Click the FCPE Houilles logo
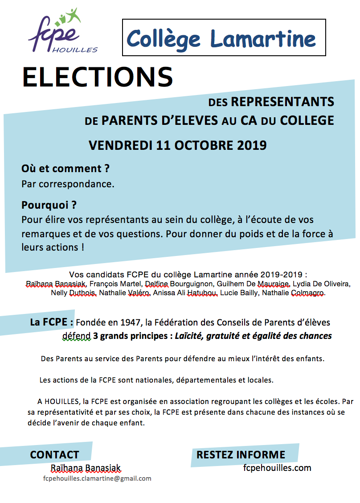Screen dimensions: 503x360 62,32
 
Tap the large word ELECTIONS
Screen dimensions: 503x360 98,77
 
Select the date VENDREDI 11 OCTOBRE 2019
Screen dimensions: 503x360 177,145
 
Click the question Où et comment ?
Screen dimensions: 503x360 65,169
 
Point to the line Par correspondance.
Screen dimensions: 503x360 68,184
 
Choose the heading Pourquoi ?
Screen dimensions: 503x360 49,206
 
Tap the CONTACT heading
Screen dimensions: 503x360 54,455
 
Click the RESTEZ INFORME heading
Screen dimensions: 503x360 241,455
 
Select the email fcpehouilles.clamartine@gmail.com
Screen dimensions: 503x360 97,478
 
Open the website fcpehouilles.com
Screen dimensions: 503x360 277,468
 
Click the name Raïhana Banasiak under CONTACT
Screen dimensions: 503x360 86,468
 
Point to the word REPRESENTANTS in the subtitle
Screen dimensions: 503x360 282,102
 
